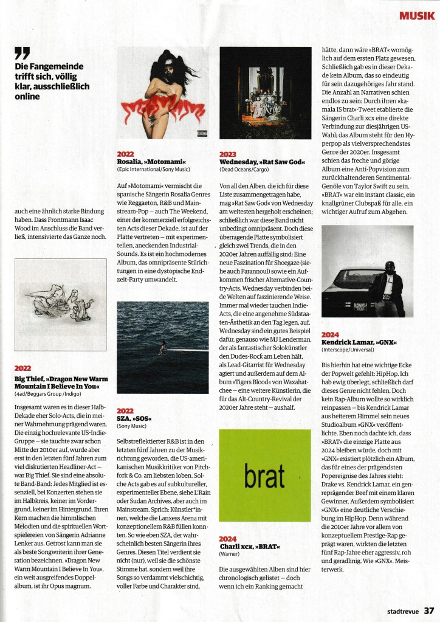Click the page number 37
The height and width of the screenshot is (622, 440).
click(429, 610)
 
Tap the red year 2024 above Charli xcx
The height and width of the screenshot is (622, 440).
click(229, 539)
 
